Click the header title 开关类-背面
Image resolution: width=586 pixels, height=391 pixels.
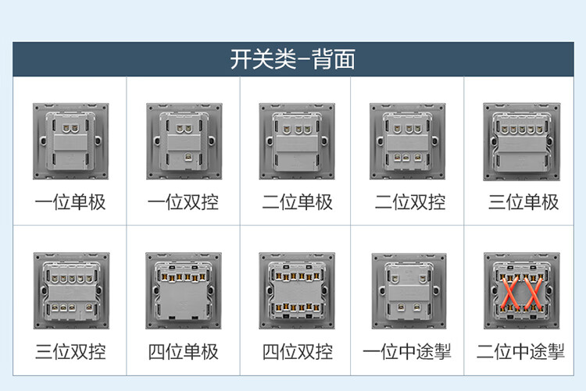[x=292, y=59]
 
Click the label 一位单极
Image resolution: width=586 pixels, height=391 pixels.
[x=70, y=203]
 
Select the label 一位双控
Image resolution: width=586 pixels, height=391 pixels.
[x=184, y=203]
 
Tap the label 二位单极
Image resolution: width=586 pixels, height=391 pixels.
[x=298, y=203]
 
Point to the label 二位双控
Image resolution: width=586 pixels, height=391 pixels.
[x=410, y=203]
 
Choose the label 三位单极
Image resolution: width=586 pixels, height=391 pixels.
[x=523, y=203]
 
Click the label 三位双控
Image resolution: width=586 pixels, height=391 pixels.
[x=70, y=352]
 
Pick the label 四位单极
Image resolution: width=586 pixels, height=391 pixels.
[x=184, y=352]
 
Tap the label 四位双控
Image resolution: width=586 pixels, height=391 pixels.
[x=298, y=352]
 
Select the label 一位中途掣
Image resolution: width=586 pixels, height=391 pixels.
[x=410, y=352]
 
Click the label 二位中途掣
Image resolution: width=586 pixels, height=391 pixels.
[x=521, y=352]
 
